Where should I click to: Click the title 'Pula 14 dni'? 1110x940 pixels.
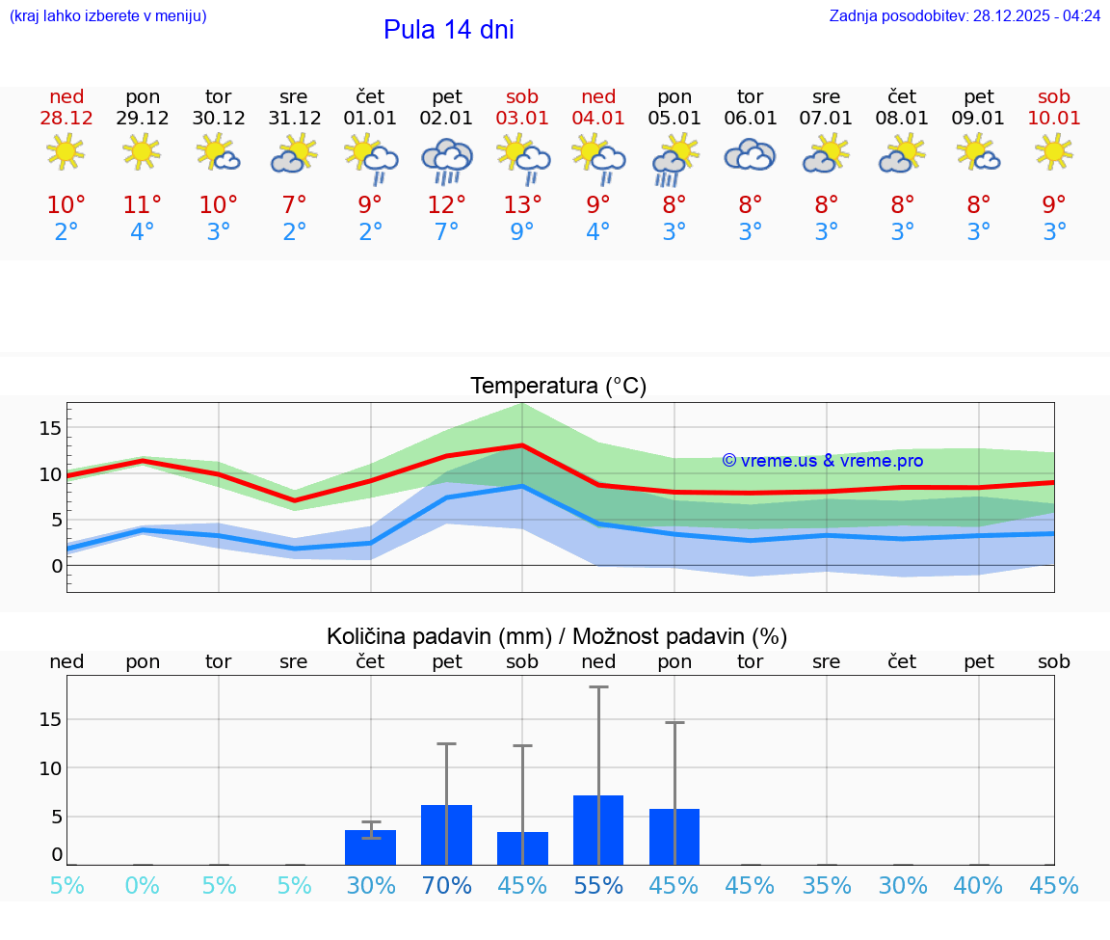pyautogui.click(x=448, y=30)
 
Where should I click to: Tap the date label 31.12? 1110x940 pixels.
pyautogui.click(x=294, y=119)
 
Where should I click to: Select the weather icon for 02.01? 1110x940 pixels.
pyautogui.click(x=446, y=160)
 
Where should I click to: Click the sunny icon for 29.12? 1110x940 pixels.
pyautogui.click(x=142, y=151)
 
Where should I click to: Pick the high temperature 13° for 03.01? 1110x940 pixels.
pyautogui.click(x=522, y=204)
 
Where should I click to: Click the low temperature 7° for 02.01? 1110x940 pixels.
pyautogui.click(x=446, y=232)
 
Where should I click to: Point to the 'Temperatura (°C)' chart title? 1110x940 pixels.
pyautogui.click(x=558, y=387)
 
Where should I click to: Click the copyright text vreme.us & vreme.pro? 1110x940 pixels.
pyautogui.click(x=822, y=461)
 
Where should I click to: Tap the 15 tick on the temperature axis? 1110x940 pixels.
pyautogui.click(x=50, y=427)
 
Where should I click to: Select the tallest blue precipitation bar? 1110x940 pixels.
pyautogui.click(x=598, y=830)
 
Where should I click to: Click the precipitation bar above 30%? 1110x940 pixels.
pyautogui.click(x=370, y=847)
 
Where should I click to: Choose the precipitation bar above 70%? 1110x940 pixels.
pyautogui.click(x=446, y=835)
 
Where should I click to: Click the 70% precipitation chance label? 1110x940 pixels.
pyautogui.click(x=446, y=886)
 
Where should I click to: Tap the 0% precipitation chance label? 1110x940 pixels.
pyautogui.click(x=142, y=886)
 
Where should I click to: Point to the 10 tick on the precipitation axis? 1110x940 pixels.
pyautogui.click(x=50, y=768)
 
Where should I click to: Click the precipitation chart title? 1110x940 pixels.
pyautogui.click(x=557, y=636)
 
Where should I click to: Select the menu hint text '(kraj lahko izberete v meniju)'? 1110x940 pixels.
pyautogui.click(x=108, y=16)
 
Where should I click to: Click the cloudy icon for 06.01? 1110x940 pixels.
pyautogui.click(x=750, y=155)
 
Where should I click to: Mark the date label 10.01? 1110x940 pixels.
pyautogui.click(x=1054, y=119)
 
